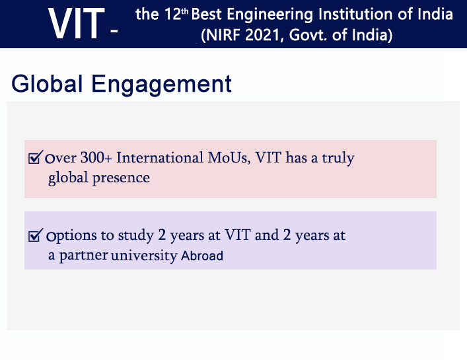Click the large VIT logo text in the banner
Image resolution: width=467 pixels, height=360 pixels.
tap(76, 24)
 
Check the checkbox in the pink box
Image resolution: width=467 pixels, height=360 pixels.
tap(36, 158)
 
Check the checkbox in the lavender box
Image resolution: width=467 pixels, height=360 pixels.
tap(36, 235)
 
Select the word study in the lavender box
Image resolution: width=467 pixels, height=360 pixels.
tap(135, 235)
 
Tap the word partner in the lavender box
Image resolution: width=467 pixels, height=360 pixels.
tap(83, 256)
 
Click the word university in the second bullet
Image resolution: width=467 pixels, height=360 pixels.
tap(144, 256)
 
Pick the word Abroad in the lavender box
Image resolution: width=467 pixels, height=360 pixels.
tap(202, 256)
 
